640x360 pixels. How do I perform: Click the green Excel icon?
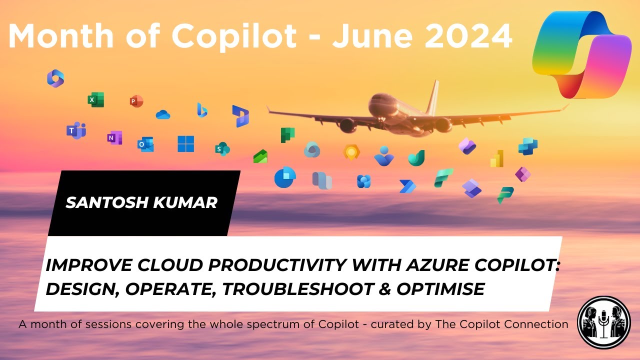pos(95,99)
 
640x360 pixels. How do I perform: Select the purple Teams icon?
pos(76,130)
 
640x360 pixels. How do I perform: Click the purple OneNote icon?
pos(114,138)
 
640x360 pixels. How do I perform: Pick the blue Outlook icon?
pos(145,144)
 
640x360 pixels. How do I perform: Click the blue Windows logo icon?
pos(185,144)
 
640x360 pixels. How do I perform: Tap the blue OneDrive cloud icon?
pos(163,115)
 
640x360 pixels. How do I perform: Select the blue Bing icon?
pos(202,109)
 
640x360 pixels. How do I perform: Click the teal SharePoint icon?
pos(222,148)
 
